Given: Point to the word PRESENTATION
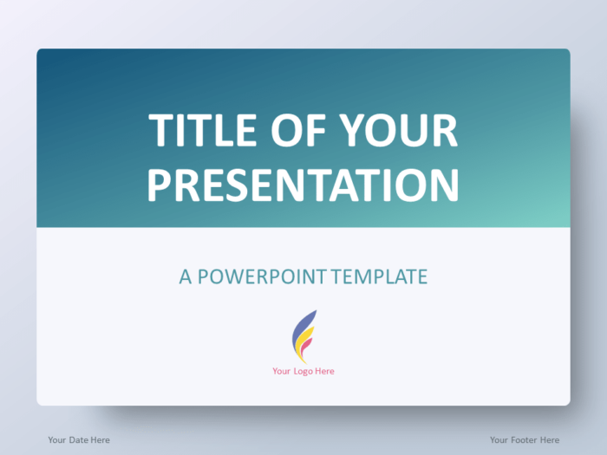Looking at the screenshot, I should tap(303, 185).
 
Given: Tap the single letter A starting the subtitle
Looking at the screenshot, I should tap(186, 276).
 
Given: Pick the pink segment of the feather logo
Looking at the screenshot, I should tap(306, 352).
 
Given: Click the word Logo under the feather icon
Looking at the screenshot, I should tap(303, 371).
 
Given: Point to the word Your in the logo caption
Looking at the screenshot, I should tap(281, 371).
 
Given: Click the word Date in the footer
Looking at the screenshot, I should tap(78, 439).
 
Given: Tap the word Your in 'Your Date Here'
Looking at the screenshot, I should tap(57, 439).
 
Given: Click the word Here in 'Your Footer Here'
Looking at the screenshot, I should tap(550, 439).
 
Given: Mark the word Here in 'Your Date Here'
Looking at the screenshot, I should tap(100, 439).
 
